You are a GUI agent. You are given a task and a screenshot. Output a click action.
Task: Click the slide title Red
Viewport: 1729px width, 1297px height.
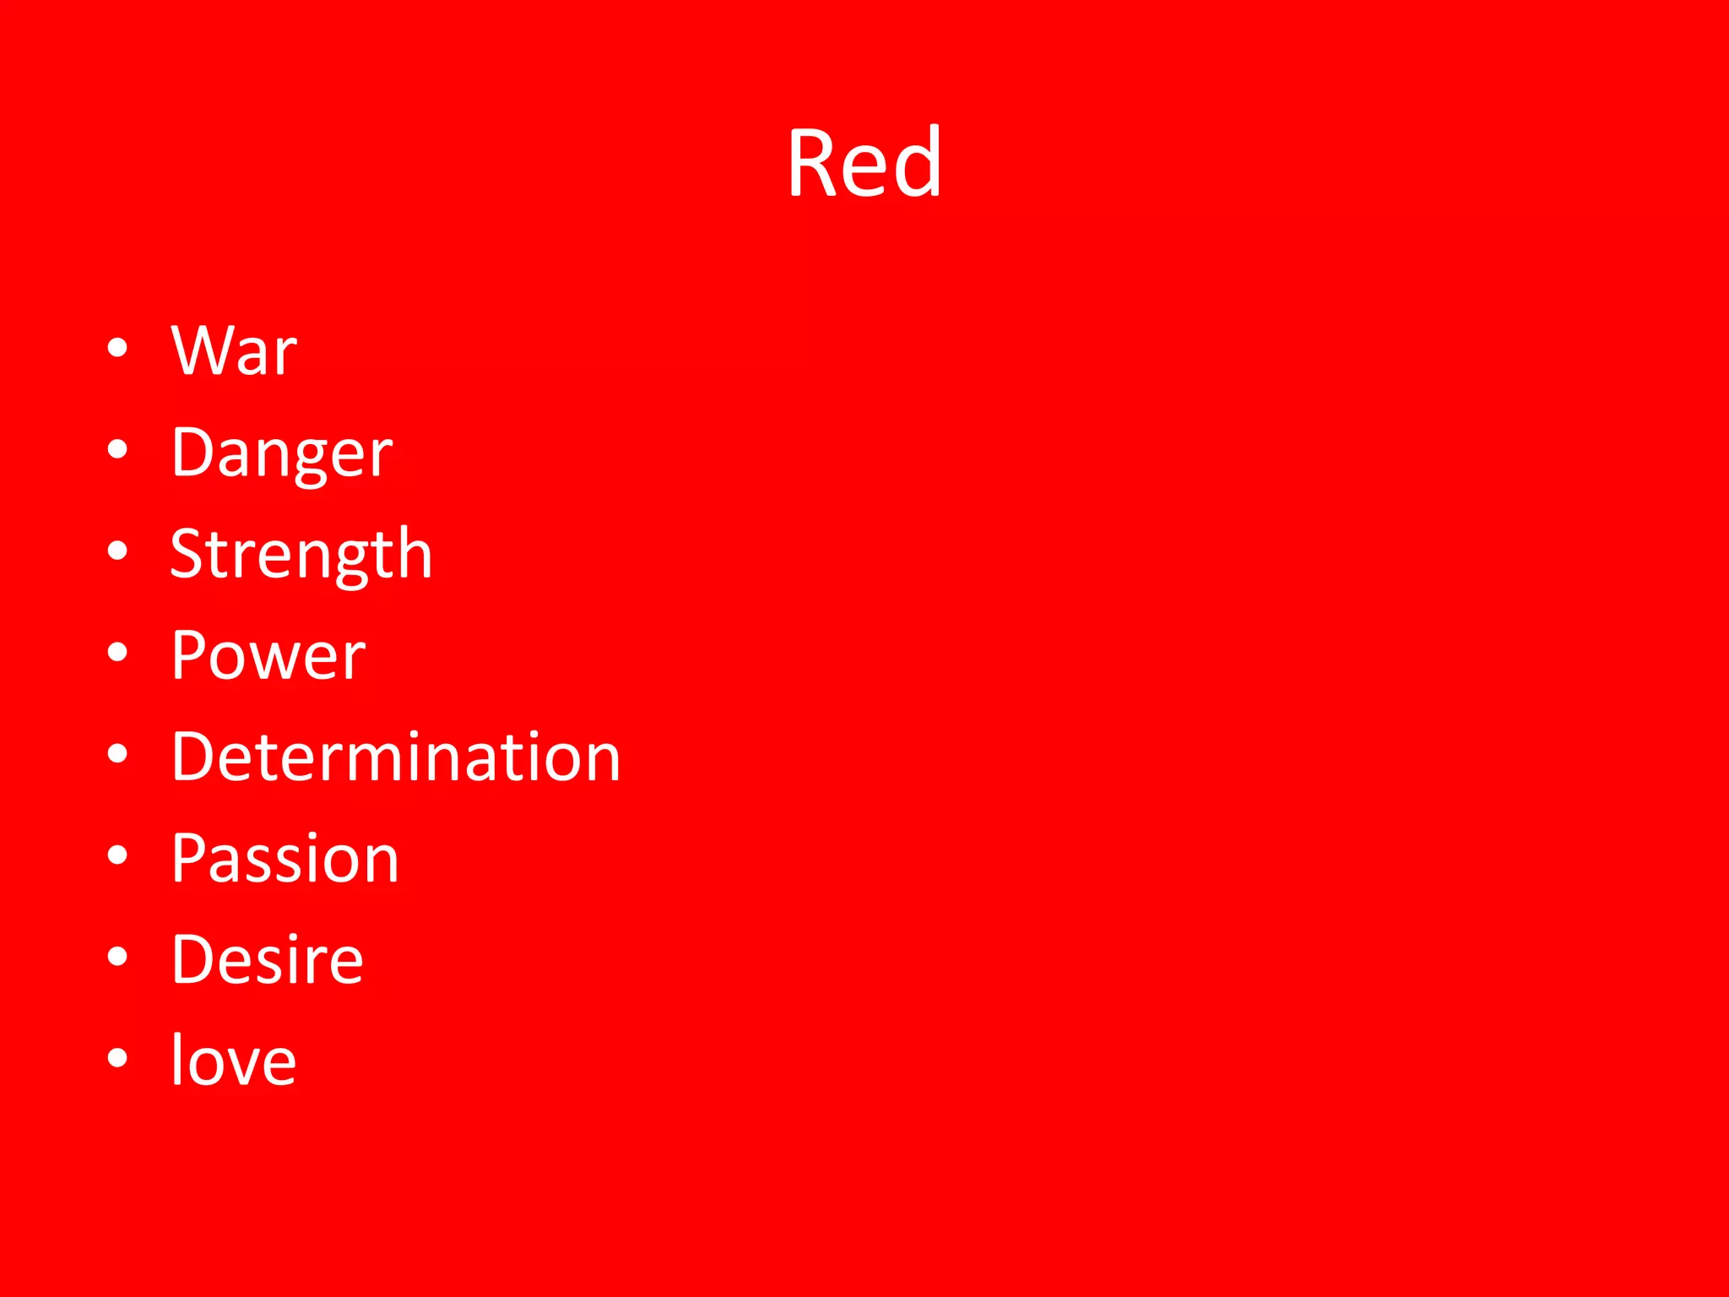(864, 162)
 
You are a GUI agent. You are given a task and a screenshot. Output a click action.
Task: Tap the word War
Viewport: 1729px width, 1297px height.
(234, 350)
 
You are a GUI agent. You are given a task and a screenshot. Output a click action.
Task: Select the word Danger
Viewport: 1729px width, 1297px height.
(282, 453)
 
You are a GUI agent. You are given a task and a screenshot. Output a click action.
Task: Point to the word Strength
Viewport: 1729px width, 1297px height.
(301, 555)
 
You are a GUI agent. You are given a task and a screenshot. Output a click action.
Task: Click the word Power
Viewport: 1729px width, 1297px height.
(268, 655)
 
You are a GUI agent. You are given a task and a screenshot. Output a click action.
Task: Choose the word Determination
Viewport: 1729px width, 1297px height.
(396, 757)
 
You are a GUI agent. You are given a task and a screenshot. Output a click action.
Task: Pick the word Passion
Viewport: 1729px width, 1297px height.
(285, 859)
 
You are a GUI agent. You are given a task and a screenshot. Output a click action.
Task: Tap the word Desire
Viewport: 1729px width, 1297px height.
(268, 960)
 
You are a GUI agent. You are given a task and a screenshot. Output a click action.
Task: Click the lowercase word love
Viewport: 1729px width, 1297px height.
(234, 1061)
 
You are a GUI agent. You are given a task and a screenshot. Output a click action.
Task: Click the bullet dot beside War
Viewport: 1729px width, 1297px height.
(118, 348)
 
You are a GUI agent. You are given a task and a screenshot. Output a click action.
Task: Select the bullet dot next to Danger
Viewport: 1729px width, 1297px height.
(118, 449)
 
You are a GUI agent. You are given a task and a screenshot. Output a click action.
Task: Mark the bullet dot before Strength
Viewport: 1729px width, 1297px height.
(118, 551)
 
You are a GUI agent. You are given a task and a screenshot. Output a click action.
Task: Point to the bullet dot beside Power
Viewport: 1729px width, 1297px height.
(118, 652)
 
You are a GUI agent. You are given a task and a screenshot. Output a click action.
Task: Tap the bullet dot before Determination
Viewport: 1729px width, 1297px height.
(118, 753)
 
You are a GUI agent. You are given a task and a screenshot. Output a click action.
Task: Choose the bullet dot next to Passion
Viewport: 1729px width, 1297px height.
(118, 855)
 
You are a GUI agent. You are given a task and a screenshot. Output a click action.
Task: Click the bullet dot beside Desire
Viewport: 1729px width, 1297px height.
(118, 956)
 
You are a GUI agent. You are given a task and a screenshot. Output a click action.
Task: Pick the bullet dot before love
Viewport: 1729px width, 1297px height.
(118, 1057)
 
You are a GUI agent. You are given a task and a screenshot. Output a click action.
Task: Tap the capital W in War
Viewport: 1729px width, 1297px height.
(200, 350)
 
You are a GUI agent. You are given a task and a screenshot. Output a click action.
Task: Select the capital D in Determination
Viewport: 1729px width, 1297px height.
(197, 757)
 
